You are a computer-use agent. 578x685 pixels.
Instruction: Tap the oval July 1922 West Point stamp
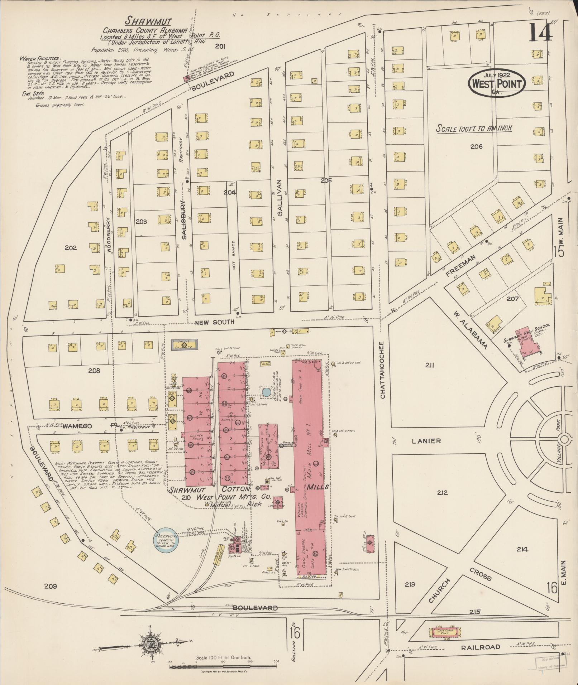click(496, 83)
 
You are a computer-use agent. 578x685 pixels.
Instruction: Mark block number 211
click(430, 365)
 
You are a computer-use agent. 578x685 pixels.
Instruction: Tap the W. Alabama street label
click(469, 330)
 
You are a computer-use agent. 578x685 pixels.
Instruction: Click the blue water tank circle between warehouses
click(266, 392)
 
